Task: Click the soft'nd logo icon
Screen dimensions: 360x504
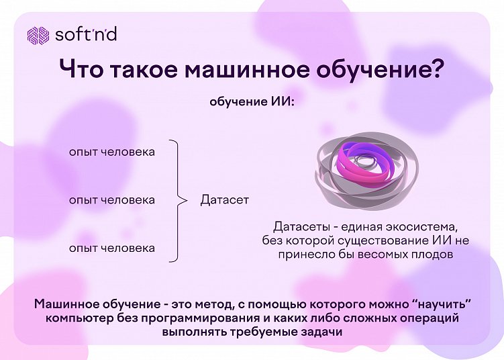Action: click(38, 34)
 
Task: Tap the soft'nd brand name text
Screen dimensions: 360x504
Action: click(85, 34)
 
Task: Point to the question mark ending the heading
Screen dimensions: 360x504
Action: click(437, 71)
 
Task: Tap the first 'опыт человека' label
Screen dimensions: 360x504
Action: click(111, 152)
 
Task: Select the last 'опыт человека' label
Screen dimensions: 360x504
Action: click(111, 249)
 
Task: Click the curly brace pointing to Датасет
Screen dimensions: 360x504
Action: click(178, 200)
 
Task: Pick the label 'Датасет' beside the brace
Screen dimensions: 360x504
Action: click(224, 200)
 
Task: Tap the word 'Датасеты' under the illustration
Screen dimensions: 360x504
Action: click(299, 226)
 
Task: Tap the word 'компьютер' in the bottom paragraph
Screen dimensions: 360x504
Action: click(77, 318)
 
